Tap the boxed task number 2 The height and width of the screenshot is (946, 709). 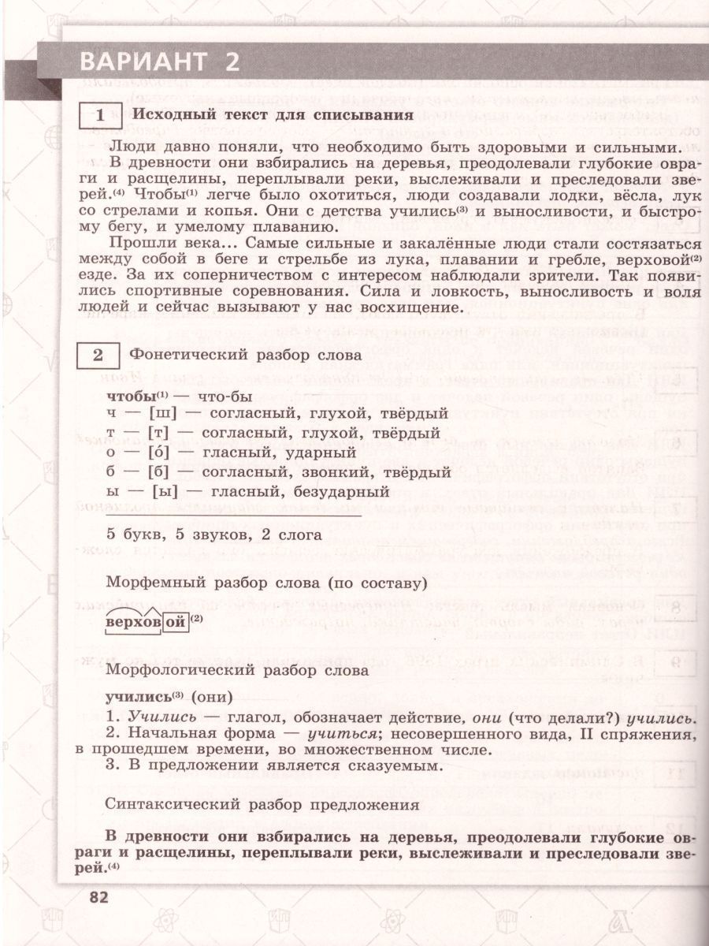(x=98, y=355)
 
